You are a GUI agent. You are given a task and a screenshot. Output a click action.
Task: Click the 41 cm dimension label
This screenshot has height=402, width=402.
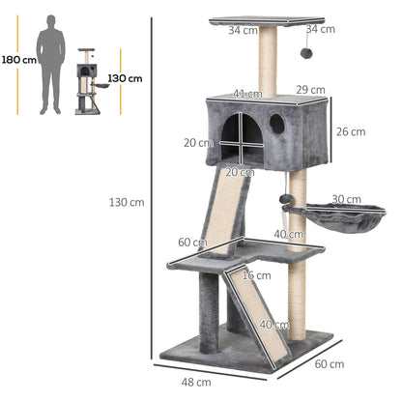tap(245, 94)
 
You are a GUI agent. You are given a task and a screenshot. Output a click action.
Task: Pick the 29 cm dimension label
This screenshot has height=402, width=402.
tap(311, 90)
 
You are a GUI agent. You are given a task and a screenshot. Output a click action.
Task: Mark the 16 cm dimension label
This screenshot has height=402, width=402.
tap(255, 275)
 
